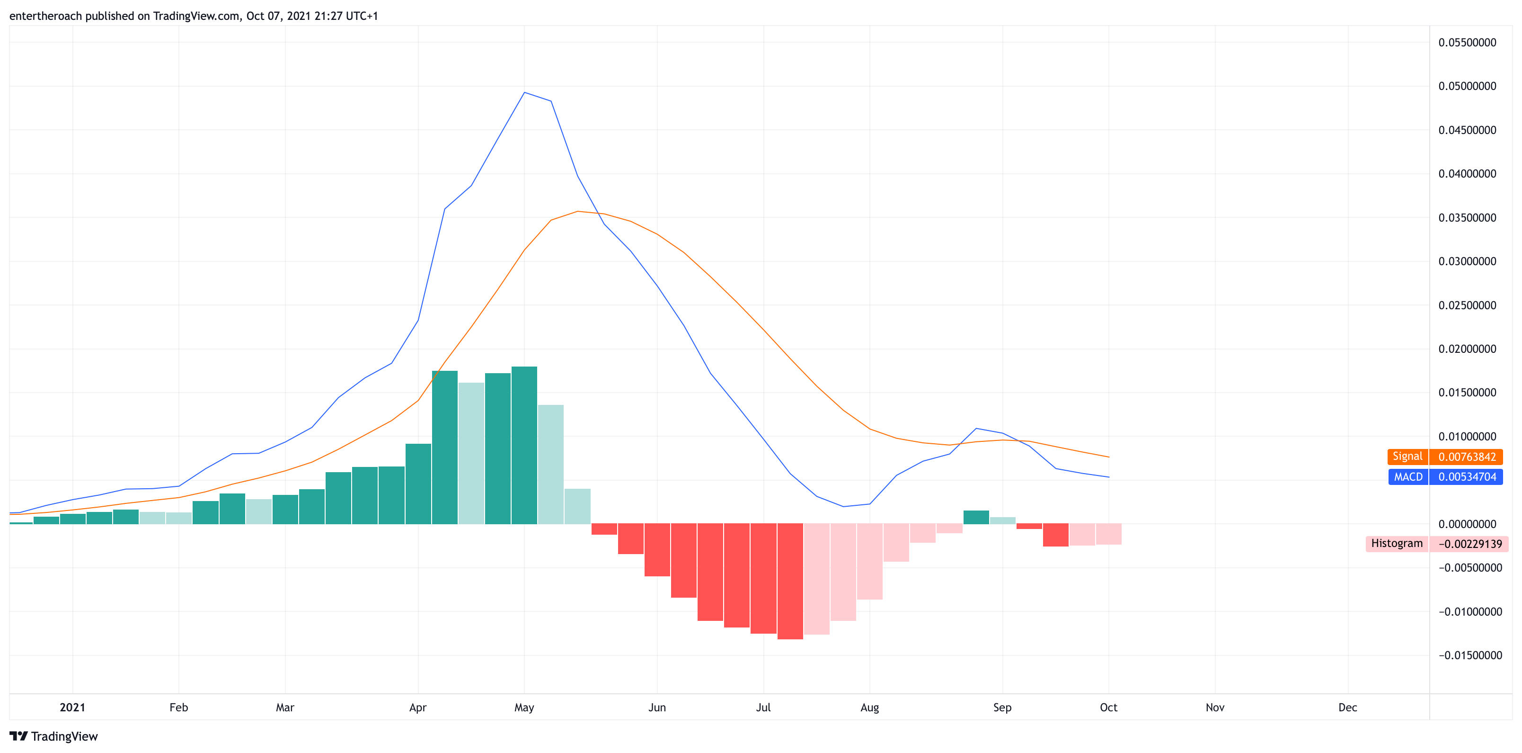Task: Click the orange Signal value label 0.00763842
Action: pos(1467,457)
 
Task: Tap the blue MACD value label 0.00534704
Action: pos(1467,477)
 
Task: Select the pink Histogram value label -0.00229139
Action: pos(1469,544)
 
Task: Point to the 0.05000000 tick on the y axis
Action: pos(1467,86)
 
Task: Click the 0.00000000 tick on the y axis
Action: pos(1467,524)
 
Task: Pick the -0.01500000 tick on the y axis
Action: pos(1470,655)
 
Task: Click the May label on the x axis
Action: pos(524,708)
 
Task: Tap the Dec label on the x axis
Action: pos(1348,708)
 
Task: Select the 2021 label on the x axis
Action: pos(73,708)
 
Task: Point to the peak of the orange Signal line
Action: pos(578,211)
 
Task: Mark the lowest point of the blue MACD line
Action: pos(843,507)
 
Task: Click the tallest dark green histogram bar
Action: pos(524,445)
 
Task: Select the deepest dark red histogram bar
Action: pos(790,582)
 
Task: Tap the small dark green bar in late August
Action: pos(976,517)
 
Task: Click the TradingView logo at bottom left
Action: pos(53,736)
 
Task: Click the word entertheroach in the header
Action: pos(45,16)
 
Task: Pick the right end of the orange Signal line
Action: pos(1109,457)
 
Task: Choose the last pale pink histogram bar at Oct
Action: pos(1108,534)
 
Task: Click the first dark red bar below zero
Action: pos(604,529)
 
